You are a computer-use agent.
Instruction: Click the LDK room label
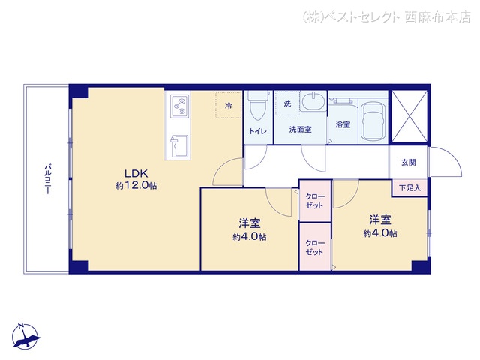click(136, 173)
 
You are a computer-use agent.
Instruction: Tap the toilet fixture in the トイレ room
click(258, 106)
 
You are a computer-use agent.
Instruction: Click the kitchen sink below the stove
click(179, 146)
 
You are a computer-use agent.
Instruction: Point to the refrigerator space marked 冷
click(229, 105)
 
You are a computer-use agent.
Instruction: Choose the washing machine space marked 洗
click(287, 103)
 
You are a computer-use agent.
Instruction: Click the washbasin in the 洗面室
click(313, 102)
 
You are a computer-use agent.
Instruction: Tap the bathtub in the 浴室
click(373, 121)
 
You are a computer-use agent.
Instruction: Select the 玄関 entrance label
click(408, 162)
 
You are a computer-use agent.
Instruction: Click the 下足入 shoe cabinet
click(410, 188)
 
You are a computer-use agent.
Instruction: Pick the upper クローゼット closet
click(315, 201)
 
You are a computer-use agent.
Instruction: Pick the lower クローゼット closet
click(315, 247)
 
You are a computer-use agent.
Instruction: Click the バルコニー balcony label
click(47, 179)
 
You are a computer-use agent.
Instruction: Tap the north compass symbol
click(26, 336)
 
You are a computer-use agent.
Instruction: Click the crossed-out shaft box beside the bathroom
click(409, 116)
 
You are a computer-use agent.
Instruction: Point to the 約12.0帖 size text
click(136, 185)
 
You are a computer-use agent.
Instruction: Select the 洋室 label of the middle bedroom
click(250, 223)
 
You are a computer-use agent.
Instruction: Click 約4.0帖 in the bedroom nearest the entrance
click(380, 233)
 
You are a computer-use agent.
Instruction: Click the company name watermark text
click(387, 16)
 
